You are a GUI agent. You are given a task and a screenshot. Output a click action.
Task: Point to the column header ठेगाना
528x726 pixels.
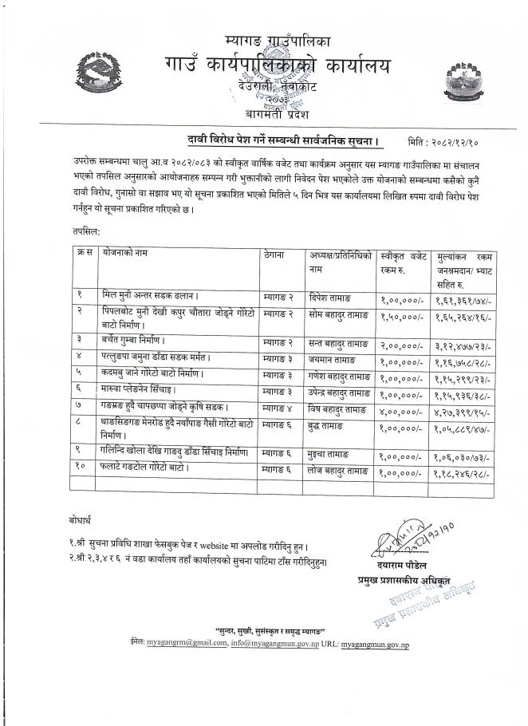point(275,254)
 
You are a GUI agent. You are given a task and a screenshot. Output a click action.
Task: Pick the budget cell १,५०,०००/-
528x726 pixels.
point(402,317)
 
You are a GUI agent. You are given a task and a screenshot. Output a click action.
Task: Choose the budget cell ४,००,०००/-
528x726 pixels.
point(402,412)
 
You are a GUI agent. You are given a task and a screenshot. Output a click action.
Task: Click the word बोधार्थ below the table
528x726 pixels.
point(81,520)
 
